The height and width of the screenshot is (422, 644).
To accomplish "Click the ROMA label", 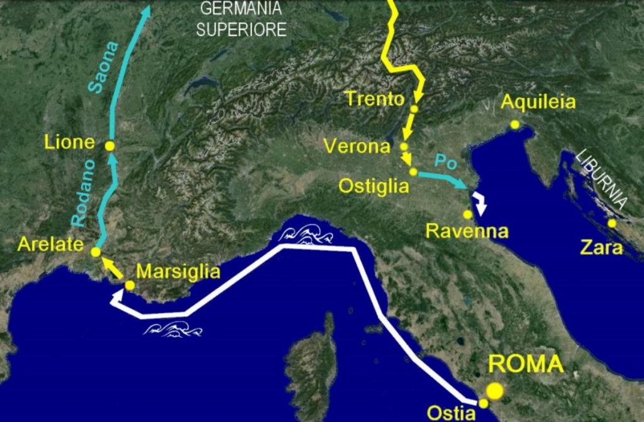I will (x=526, y=364).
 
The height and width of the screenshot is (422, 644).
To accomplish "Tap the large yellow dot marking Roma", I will (x=495, y=391).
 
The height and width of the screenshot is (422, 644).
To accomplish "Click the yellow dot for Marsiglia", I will (x=130, y=285).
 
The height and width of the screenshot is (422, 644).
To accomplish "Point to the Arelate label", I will (x=47, y=243).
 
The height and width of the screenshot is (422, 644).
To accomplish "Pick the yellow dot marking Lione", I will (x=109, y=146).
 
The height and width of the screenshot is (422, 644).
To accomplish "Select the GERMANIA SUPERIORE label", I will (x=241, y=19).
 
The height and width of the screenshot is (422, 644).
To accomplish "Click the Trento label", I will (x=375, y=99).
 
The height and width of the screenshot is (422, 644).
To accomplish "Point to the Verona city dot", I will (x=404, y=147).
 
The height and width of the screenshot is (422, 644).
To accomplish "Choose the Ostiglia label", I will (x=374, y=186).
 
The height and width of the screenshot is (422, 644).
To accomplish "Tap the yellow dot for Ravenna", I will (x=467, y=214).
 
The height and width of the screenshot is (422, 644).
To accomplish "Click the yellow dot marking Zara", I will (x=612, y=223).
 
